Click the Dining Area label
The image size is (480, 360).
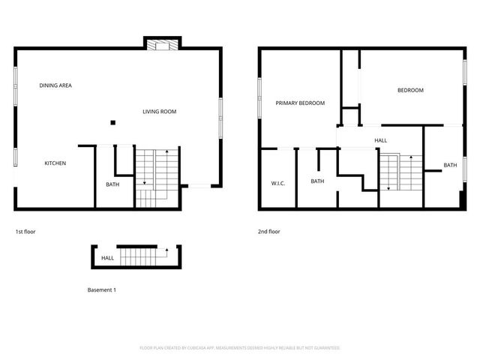click(55, 85)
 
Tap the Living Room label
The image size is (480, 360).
click(159, 112)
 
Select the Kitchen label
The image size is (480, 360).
click(55, 163)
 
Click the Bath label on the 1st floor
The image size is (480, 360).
click(112, 184)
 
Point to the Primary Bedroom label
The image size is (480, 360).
click(300, 103)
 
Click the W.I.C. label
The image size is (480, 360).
click(276, 183)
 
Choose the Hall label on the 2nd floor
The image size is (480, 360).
click(380, 140)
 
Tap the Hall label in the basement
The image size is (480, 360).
click(107, 259)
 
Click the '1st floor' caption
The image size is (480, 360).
click(25, 232)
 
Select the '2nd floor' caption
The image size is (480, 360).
click(268, 232)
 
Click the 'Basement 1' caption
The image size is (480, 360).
click(101, 289)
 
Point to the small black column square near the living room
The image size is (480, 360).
click(112, 122)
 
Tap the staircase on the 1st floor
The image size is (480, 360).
click(155, 177)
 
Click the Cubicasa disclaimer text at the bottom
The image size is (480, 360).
click(240, 348)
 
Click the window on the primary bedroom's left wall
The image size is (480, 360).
click(260, 97)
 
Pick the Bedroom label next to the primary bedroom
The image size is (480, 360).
click(409, 90)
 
